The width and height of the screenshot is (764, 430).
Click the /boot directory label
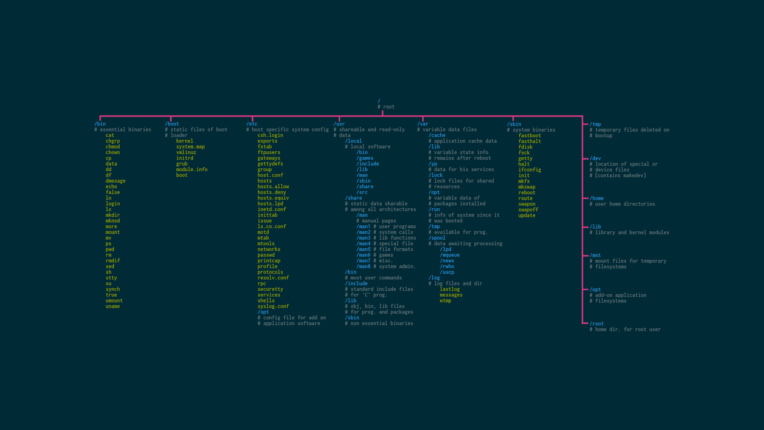coord(172,124)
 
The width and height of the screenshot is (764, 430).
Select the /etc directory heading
coord(252,124)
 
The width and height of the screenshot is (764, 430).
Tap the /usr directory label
coord(339,124)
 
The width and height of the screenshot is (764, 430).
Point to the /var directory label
coord(423,124)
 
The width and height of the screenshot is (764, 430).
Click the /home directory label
coord(596,198)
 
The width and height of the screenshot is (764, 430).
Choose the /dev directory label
coord(595,158)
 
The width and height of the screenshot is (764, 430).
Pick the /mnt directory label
coord(595,255)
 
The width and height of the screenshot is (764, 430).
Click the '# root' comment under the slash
coord(386,107)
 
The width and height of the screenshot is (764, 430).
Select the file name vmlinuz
coord(186,152)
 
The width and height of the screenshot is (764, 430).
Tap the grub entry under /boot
coord(182,164)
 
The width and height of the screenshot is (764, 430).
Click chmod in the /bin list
coord(113,147)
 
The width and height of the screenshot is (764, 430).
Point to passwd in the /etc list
coord(266,255)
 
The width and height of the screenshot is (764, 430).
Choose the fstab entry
coord(265,147)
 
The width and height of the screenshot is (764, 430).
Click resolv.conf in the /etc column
coord(273,278)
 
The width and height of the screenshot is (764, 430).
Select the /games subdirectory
coord(364,158)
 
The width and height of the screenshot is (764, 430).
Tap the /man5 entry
coord(363,249)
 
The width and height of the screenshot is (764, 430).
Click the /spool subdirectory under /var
coord(437,238)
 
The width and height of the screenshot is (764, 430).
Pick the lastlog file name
coord(450,289)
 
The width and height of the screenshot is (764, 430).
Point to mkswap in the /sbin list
coord(526,187)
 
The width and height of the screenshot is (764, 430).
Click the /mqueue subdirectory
coord(450,255)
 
